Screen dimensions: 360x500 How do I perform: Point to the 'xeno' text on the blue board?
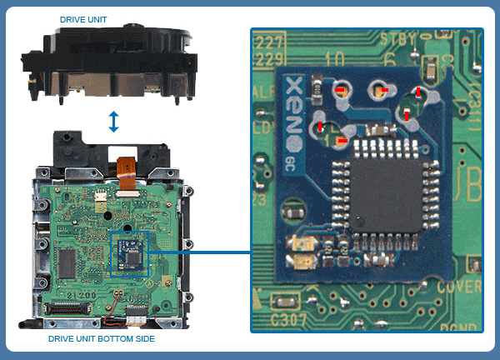(292, 97)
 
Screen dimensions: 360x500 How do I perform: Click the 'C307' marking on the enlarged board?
(288, 317)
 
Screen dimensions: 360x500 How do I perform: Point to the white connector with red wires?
(136, 315)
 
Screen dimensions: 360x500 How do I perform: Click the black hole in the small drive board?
(124, 225)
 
